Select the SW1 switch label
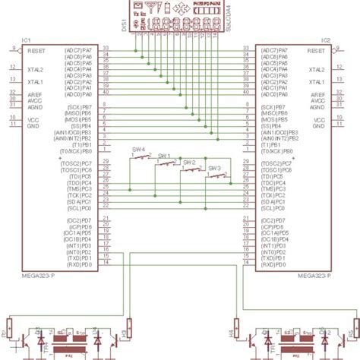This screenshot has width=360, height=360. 163,155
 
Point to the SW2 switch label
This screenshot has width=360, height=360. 189,163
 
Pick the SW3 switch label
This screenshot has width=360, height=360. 214,168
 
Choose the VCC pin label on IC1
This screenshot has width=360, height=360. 33,119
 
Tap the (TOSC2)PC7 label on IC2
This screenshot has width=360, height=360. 273,163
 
